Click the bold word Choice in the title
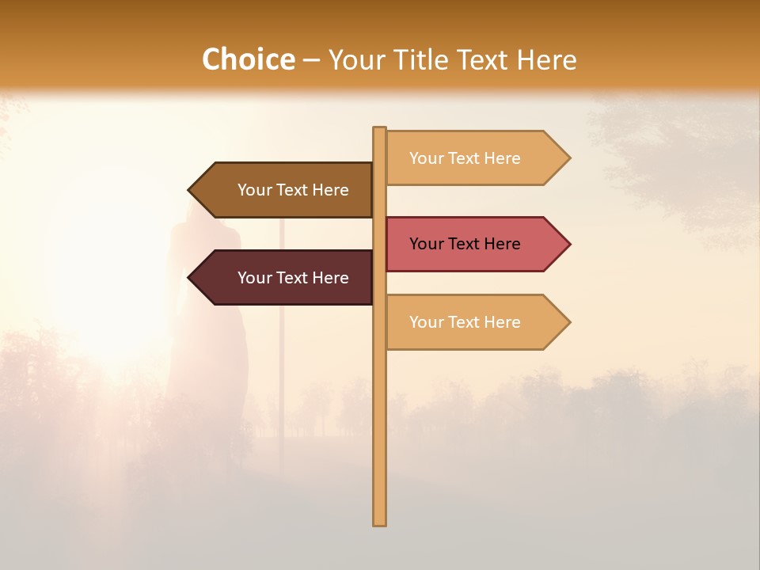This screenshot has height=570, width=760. tap(248, 59)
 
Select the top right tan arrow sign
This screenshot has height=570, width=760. tap(471, 158)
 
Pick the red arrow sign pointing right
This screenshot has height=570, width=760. tap(471, 244)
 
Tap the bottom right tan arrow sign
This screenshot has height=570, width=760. tap(471, 322)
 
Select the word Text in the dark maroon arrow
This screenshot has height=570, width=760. tap(294, 278)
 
